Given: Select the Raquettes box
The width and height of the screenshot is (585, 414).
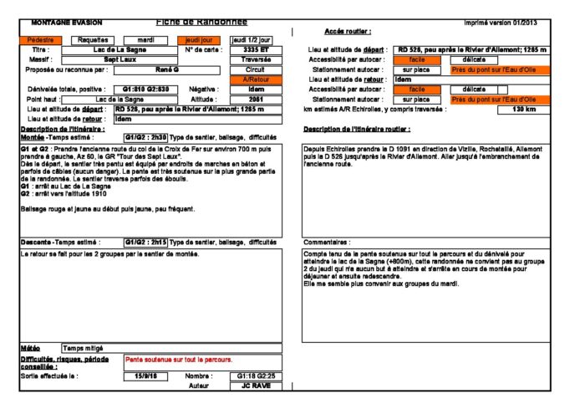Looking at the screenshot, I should click(x=94, y=39).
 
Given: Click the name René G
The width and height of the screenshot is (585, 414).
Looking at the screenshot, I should click(x=168, y=69).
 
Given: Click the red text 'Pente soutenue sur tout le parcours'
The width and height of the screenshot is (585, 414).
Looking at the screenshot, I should click(x=178, y=359).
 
